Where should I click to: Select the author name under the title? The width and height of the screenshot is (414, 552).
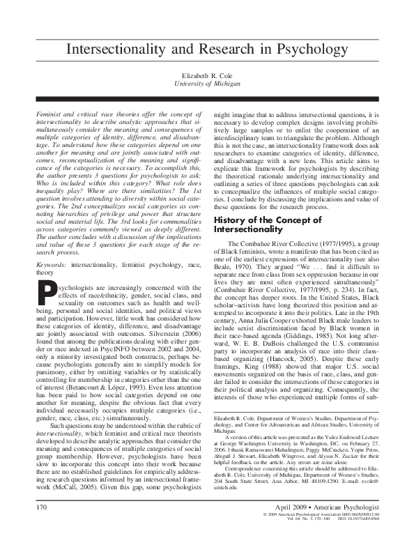207,74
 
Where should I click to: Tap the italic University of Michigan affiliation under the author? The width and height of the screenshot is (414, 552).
207,83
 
